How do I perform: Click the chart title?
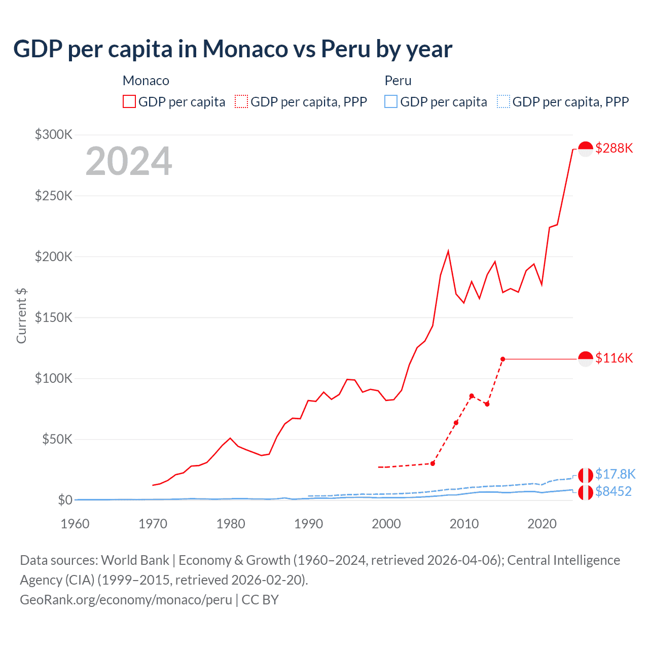click(x=233, y=49)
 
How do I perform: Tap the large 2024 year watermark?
click(x=129, y=161)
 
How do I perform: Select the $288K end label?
click(x=614, y=148)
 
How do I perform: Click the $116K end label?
click(x=614, y=358)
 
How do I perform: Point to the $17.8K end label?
click(x=615, y=474)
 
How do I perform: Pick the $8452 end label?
click(x=614, y=491)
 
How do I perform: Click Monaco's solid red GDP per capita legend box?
click(x=129, y=102)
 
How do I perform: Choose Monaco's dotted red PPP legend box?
click(x=241, y=102)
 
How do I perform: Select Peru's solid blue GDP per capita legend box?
click(x=391, y=102)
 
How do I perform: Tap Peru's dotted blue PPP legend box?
click(x=503, y=102)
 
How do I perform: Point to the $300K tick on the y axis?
click(x=54, y=134)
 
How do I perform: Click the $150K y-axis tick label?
click(x=54, y=317)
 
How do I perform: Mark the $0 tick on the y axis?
click(x=65, y=500)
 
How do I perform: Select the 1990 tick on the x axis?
click(x=308, y=524)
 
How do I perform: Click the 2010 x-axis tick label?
click(x=464, y=524)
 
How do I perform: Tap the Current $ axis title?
click(x=21, y=315)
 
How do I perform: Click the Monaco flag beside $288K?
click(x=586, y=149)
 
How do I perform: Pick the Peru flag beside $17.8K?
click(x=586, y=475)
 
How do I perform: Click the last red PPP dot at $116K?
click(x=502, y=359)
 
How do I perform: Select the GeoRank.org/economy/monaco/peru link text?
click(x=126, y=600)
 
